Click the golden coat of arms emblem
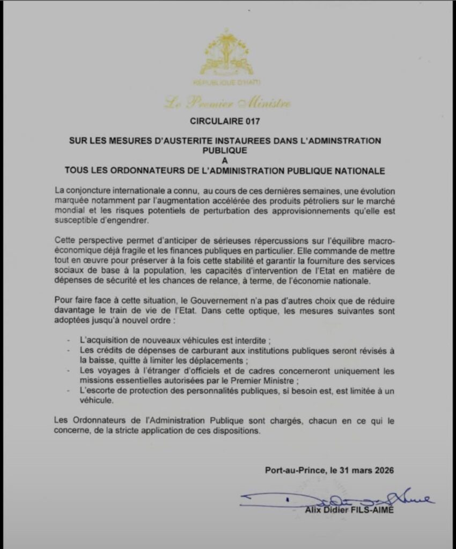tap(227, 54)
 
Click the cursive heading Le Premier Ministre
tap(227, 102)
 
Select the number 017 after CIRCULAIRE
tap(252, 122)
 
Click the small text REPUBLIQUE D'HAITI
tap(227, 84)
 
